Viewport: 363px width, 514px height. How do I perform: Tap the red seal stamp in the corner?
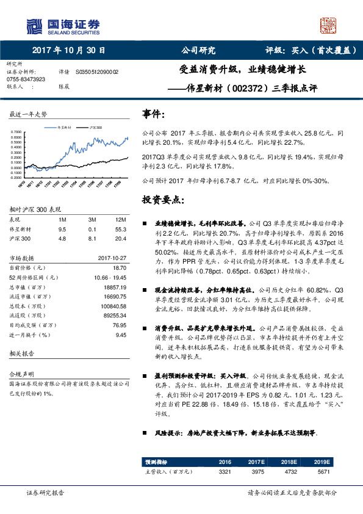tap(328, 25)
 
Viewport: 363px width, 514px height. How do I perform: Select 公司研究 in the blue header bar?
tap(199, 51)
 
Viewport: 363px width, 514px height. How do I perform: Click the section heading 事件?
tap(153, 114)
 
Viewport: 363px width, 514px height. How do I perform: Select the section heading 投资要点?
tap(163, 200)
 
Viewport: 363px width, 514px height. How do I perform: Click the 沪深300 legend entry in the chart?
tap(95, 128)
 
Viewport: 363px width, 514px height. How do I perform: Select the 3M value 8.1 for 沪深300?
tap(93, 239)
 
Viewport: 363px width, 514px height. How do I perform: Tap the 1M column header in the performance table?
tap(62, 219)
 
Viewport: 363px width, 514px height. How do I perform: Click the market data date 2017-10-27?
tap(112, 258)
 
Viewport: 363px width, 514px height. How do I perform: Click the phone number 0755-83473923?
tap(26, 79)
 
